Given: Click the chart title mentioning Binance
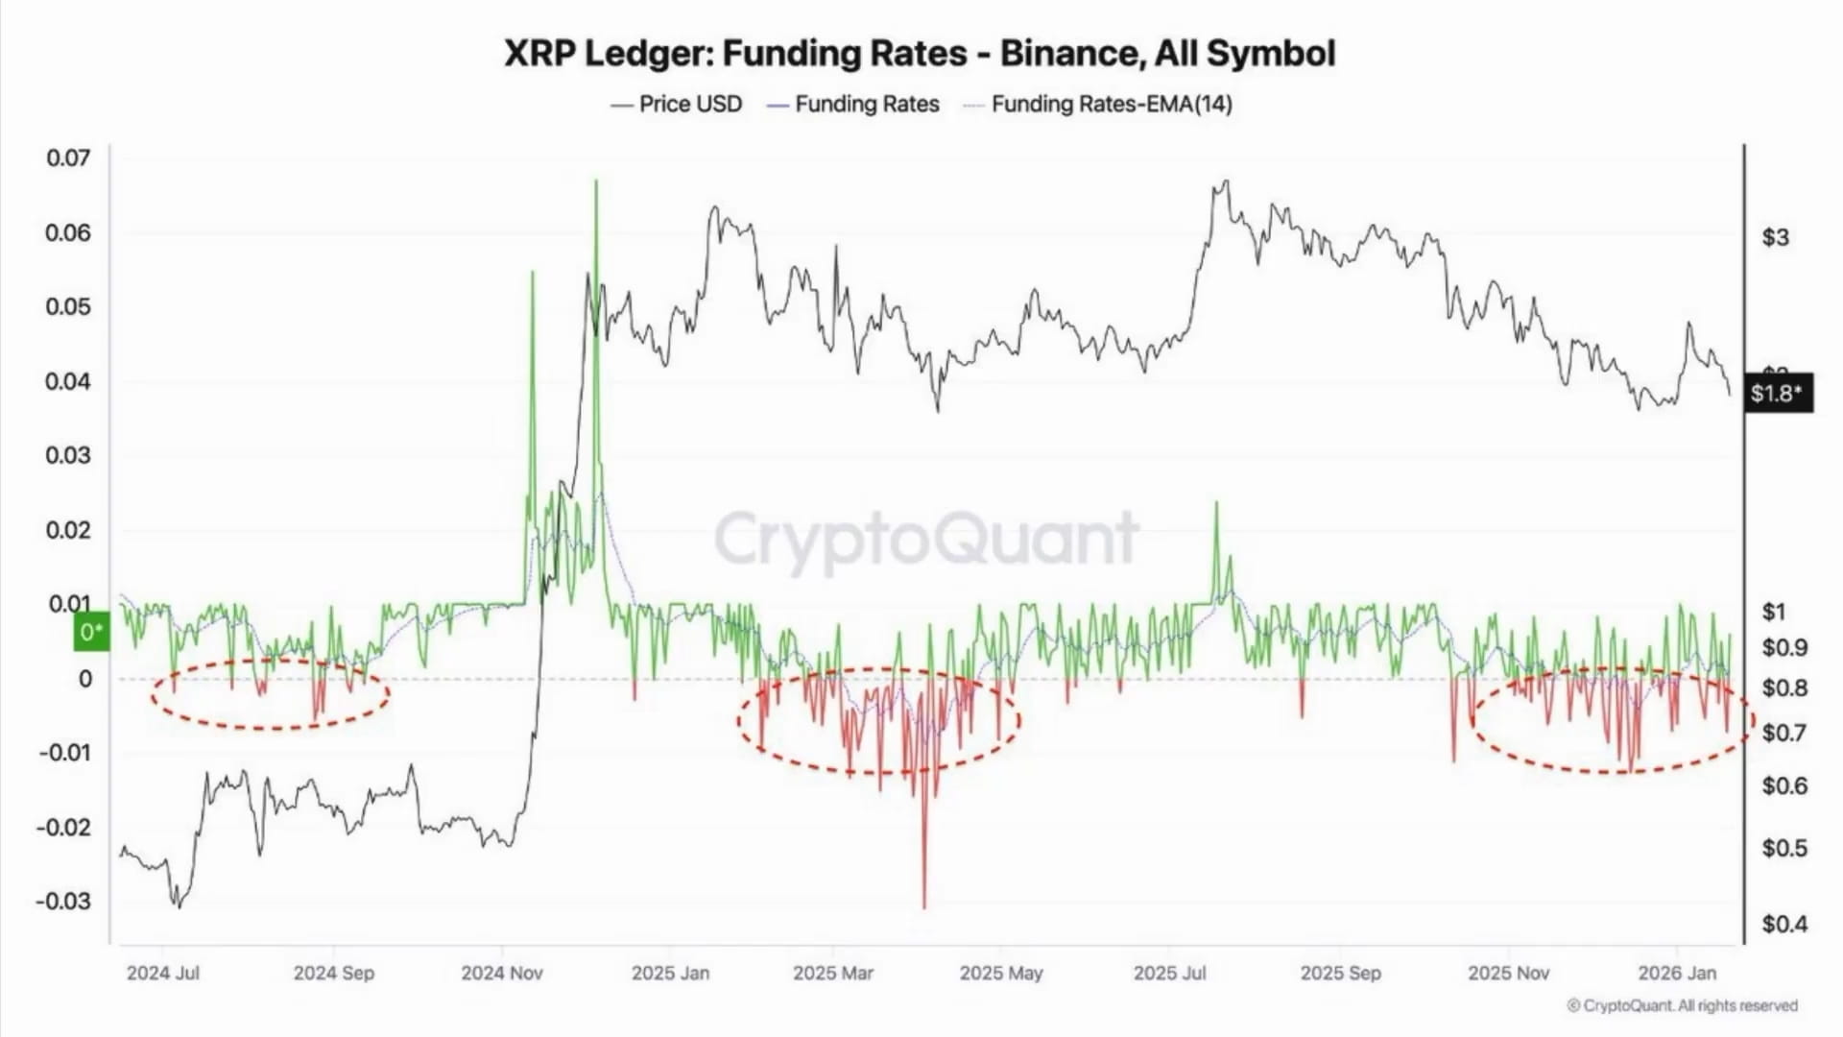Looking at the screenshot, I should [x=920, y=53].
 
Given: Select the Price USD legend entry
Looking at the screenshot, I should [x=677, y=104].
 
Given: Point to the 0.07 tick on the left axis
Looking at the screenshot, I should [x=68, y=158].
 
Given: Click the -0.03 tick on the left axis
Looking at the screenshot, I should [x=63, y=902].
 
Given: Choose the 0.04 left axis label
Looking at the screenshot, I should [x=68, y=381].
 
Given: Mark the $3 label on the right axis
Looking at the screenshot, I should [x=1775, y=237].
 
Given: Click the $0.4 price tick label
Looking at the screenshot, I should [x=1783, y=924].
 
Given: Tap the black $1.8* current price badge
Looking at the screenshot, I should [x=1776, y=393].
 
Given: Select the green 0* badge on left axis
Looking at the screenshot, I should [x=92, y=632].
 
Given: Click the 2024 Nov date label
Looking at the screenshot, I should [x=502, y=973].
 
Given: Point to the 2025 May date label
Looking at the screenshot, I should [x=1001, y=973].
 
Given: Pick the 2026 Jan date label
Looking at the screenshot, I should [x=1677, y=973].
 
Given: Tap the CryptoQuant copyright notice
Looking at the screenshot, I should [x=1682, y=1005].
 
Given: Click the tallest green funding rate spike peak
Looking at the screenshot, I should [x=596, y=181].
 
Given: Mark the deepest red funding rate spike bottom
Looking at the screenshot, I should [x=924, y=906].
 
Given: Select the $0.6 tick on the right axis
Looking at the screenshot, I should [x=1783, y=785].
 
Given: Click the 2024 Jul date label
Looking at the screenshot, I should [x=163, y=973].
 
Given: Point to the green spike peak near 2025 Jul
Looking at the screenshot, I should [x=1216, y=503].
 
